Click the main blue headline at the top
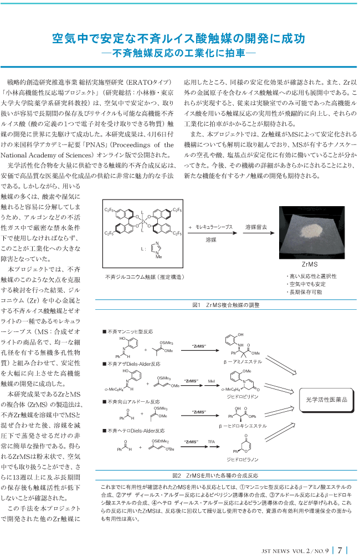click(x=178, y=38)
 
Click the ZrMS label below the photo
click(x=310, y=264)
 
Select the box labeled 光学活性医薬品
click(x=327, y=400)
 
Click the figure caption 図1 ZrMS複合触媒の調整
click(x=226, y=305)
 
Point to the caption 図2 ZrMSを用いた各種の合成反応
click(x=215, y=476)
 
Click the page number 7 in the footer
click(x=340, y=550)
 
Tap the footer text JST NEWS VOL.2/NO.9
click(x=295, y=551)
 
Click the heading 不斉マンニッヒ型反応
click(x=128, y=331)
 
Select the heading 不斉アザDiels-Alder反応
click(x=132, y=364)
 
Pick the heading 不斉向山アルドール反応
click(x=131, y=401)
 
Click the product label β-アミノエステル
click(x=243, y=361)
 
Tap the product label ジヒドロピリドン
click(x=243, y=396)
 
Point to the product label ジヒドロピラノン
click(x=243, y=459)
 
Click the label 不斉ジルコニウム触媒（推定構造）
click(x=145, y=277)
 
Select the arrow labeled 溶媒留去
click(x=259, y=233)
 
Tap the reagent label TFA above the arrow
click(x=211, y=442)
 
